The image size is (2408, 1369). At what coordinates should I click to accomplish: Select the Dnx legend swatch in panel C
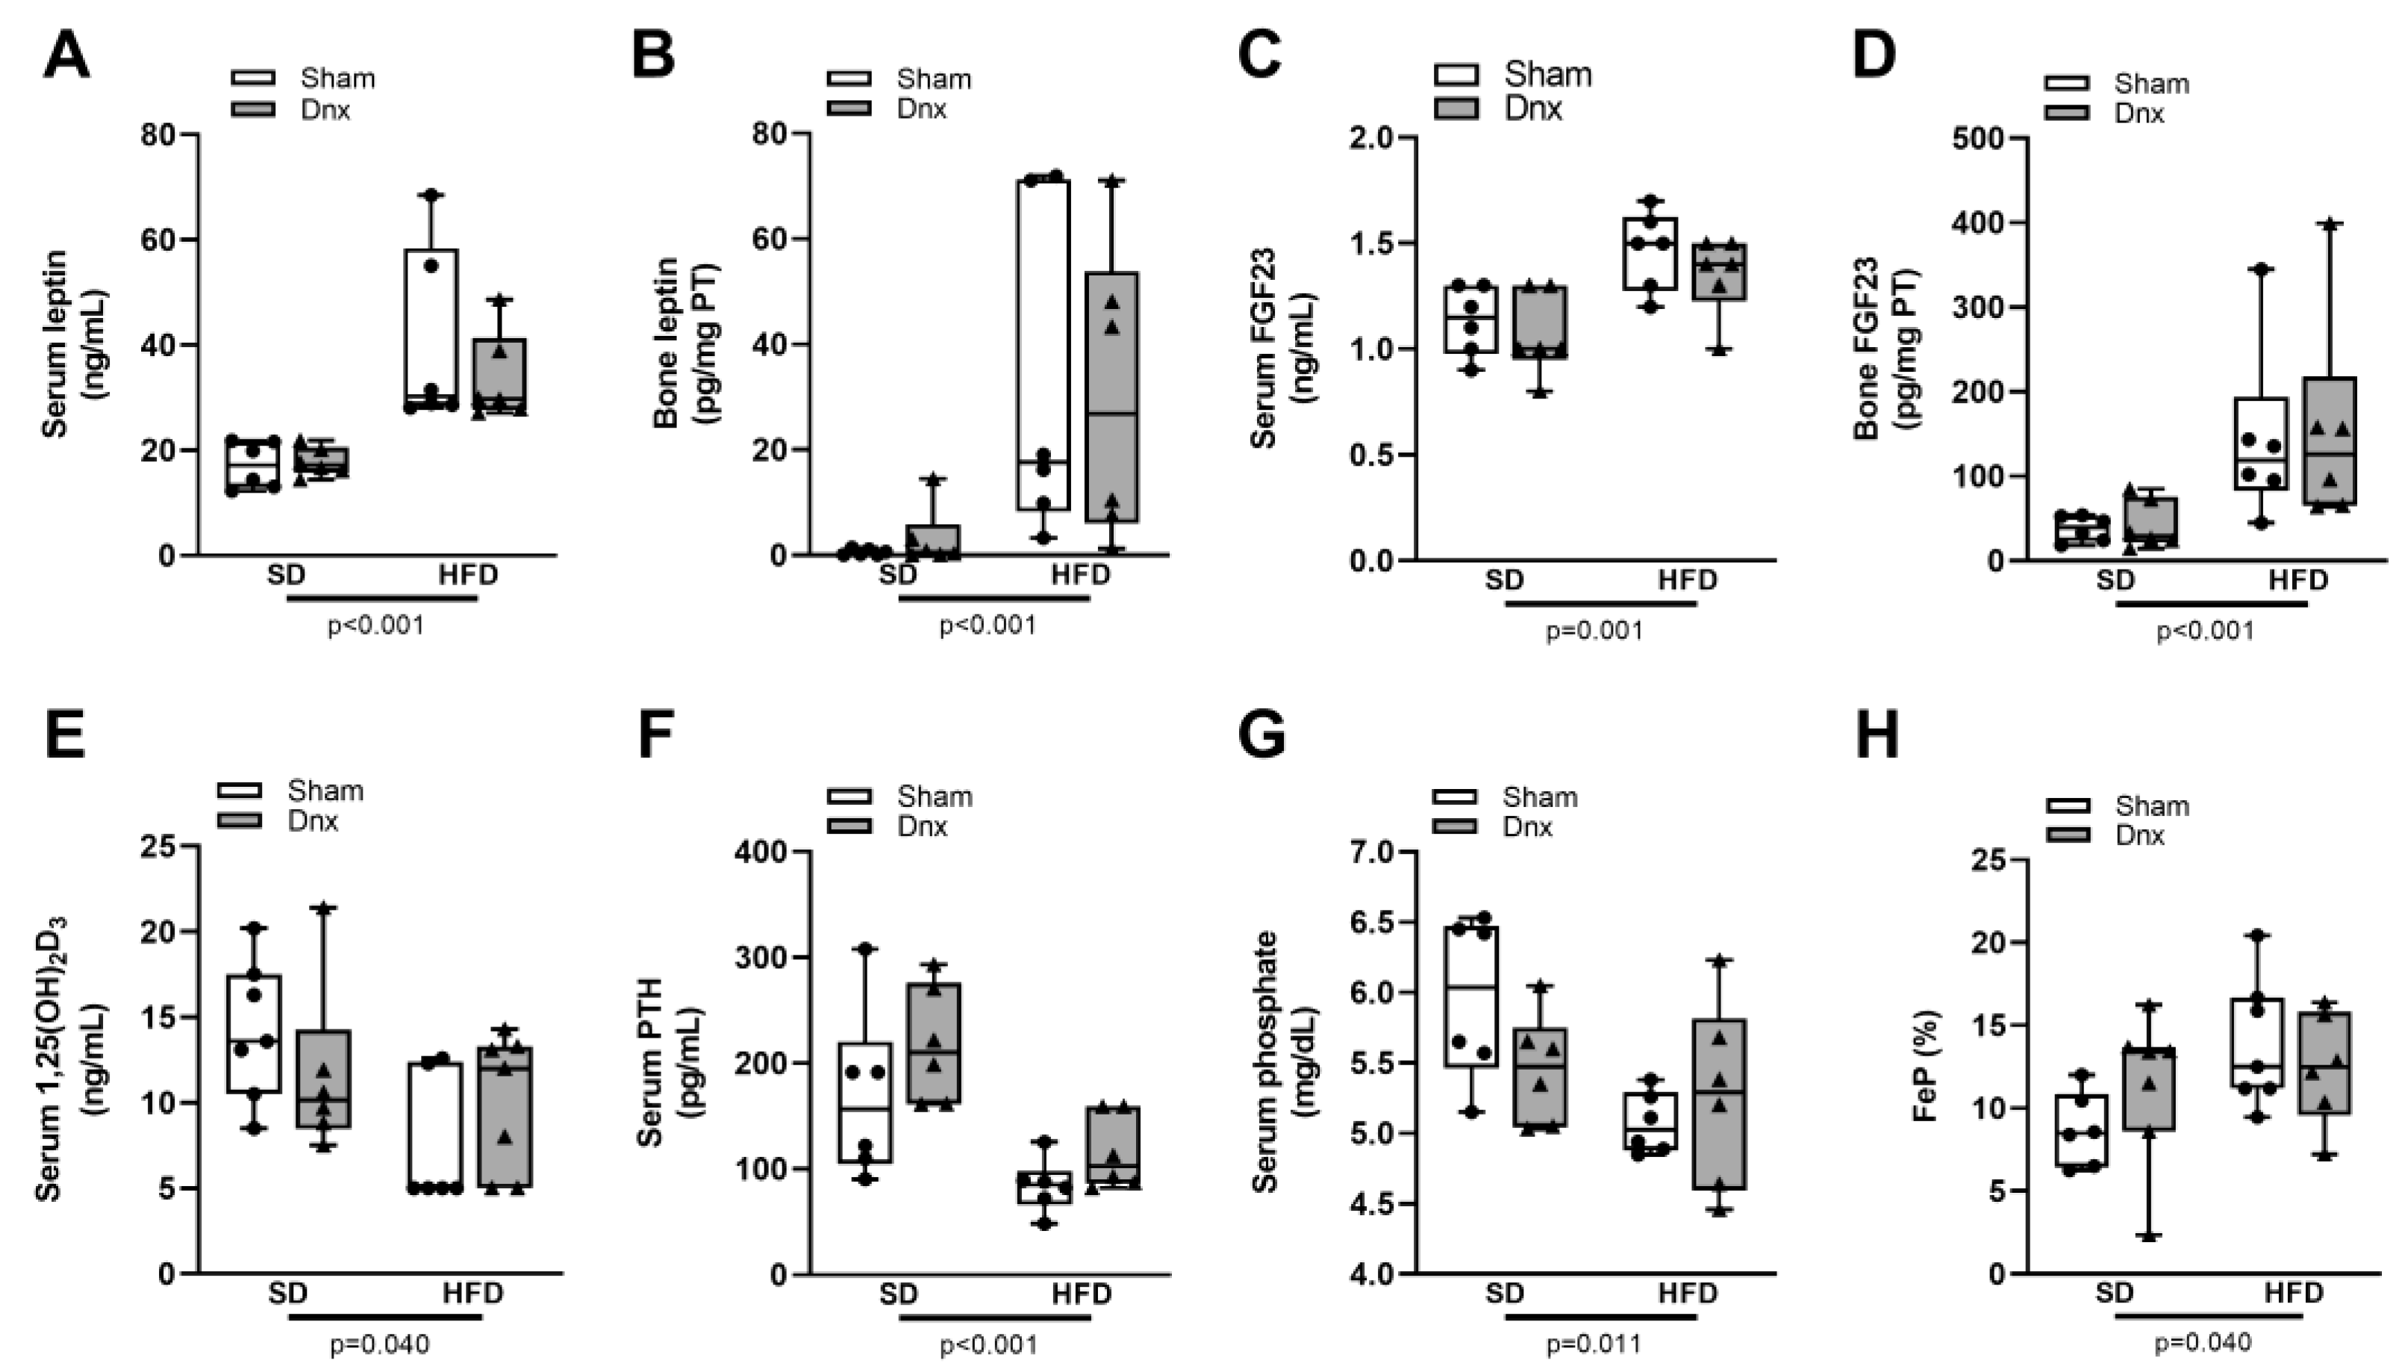coord(1456,108)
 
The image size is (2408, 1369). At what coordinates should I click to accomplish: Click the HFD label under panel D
coord(2297,579)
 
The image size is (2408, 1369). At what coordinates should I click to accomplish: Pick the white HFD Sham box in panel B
coord(1043,344)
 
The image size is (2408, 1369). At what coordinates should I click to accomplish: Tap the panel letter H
coord(1876,736)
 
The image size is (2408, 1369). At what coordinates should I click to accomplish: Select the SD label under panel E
coord(287,1293)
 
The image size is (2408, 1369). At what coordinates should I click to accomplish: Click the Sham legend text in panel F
coord(934,796)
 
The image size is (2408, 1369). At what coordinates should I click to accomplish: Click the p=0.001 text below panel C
coord(1594,630)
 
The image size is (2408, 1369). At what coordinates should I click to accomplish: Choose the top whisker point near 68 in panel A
coord(431,195)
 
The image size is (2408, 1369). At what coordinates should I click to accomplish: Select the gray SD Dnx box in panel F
coord(934,1044)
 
